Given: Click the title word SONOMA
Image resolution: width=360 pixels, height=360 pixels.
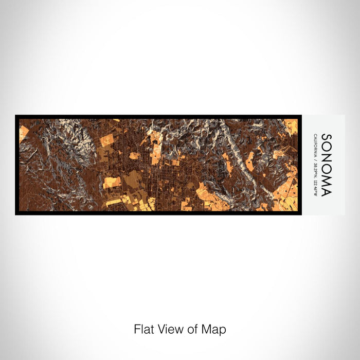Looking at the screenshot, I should pos(326,165).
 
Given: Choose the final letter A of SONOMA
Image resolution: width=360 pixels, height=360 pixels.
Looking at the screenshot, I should pos(326,192).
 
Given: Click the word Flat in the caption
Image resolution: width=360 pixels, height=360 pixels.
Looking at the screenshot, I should pos(143,329).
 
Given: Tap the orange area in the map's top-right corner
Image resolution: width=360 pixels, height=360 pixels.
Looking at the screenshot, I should pos(291,126).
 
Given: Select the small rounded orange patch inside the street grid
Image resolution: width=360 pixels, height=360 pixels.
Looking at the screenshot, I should pos(134,155).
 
